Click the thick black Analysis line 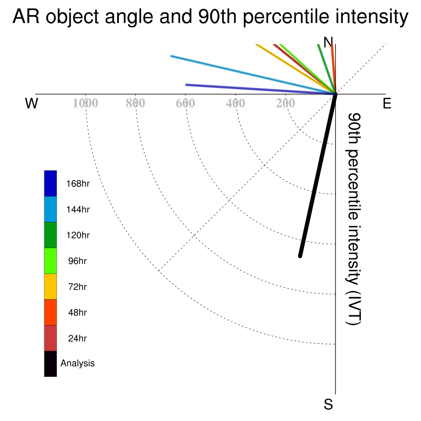tap(318, 175)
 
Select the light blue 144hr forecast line tap(253, 75)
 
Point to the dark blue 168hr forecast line tap(261, 89)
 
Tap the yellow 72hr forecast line tap(296, 69)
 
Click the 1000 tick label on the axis tap(86, 103)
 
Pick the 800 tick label tap(135, 103)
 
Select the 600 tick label tap(185, 103)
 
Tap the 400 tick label tap(236, 103)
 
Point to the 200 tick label tap(285, 103)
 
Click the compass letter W tap(32, 103)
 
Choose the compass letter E tap(387, 103)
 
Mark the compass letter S tap(328, 404)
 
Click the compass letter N tap(328, 42)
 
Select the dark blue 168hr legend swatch tap(51, 183)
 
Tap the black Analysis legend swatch tap(51, 364)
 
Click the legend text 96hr tap(77, 261)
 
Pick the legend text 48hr tap(77, 312)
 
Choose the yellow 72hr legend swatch tap(51, 287)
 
